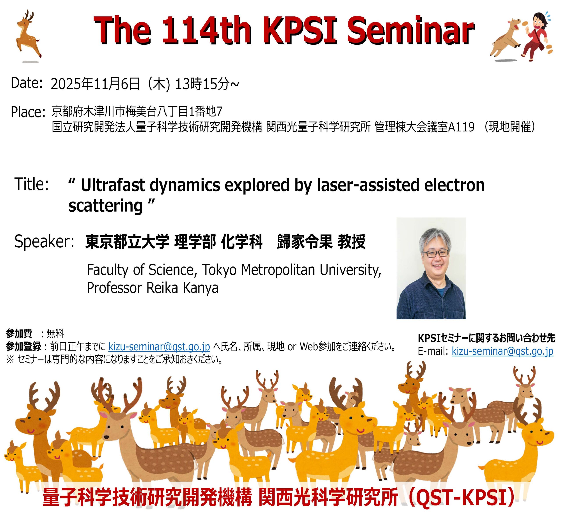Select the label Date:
coord(27,83)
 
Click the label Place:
coord(28,112)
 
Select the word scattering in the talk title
coord(105,206)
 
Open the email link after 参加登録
coord(159,347)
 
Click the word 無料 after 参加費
coord(55,333)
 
